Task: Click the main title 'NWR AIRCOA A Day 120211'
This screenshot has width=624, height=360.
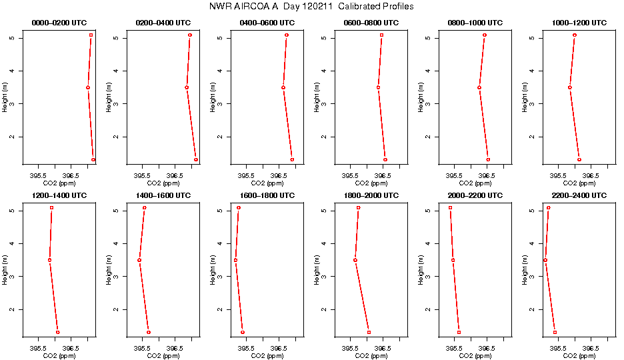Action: point(311,7)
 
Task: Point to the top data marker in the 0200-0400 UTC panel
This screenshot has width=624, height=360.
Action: point(190,35)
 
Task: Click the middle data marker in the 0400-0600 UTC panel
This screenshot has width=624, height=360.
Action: point(283,87)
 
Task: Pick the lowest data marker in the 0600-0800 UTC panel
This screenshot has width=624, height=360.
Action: point(385,159)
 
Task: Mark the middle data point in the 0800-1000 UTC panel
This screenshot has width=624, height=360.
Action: point(479,87)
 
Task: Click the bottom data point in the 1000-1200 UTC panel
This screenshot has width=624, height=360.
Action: point(579,159)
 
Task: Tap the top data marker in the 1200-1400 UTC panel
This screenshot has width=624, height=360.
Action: point(51,208)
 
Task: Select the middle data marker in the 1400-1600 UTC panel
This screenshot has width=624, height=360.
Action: point(139,260)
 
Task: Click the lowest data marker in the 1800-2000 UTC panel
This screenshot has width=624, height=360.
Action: point(369,332)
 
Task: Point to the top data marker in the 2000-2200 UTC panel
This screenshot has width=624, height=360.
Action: point(450,208)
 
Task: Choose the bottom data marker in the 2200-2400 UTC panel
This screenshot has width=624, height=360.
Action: point(555,332)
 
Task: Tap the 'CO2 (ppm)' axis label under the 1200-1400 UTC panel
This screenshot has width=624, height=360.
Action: point(59,355)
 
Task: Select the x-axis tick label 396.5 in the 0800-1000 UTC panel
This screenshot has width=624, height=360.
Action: point(487,175)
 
